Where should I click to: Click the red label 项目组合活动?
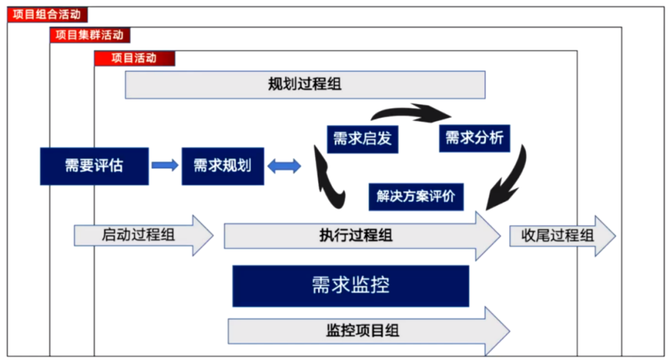47,14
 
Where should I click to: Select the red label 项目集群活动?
90,35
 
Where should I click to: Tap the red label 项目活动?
135,58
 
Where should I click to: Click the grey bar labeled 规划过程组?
305,84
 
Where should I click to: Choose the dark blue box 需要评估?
94,166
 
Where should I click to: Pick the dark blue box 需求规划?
222,166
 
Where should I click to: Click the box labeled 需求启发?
362,138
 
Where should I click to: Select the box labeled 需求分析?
475,138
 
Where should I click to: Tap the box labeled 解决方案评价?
416,196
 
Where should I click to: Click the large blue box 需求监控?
351,286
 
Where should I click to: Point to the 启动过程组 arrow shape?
143,236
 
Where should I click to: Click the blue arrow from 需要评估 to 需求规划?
164,166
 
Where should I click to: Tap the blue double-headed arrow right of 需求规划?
284,166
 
